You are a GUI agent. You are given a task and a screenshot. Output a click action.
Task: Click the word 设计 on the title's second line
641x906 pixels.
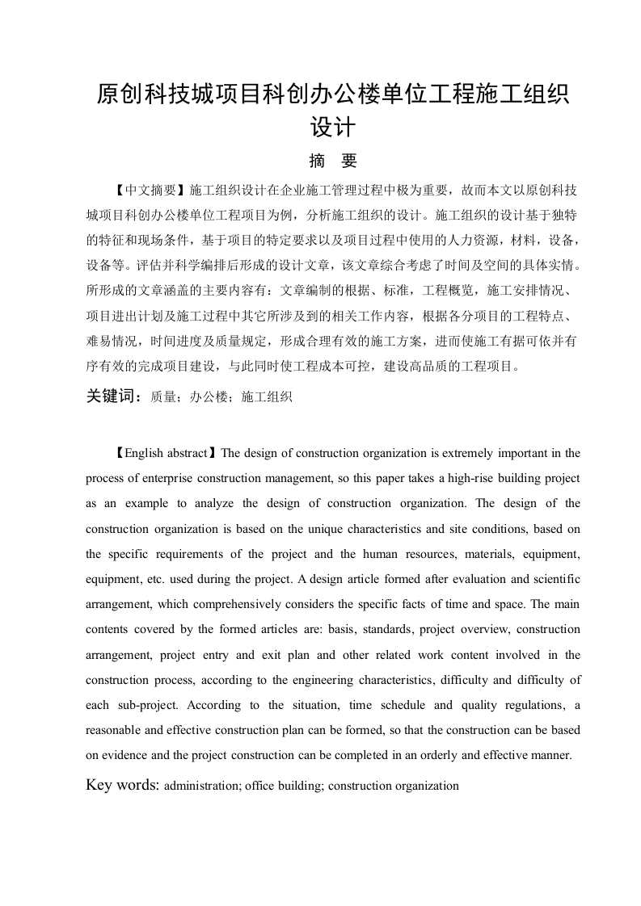click(x=333, y=127)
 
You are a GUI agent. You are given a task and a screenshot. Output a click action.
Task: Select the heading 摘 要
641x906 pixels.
click(x=333, y=161)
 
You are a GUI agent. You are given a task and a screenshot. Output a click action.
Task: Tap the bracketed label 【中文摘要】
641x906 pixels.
click(x=152, y=191)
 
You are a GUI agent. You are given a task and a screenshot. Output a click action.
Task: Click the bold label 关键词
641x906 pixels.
click(x=112, y=396)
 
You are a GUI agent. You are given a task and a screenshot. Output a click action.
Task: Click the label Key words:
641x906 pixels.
click(x=124, y=784)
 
